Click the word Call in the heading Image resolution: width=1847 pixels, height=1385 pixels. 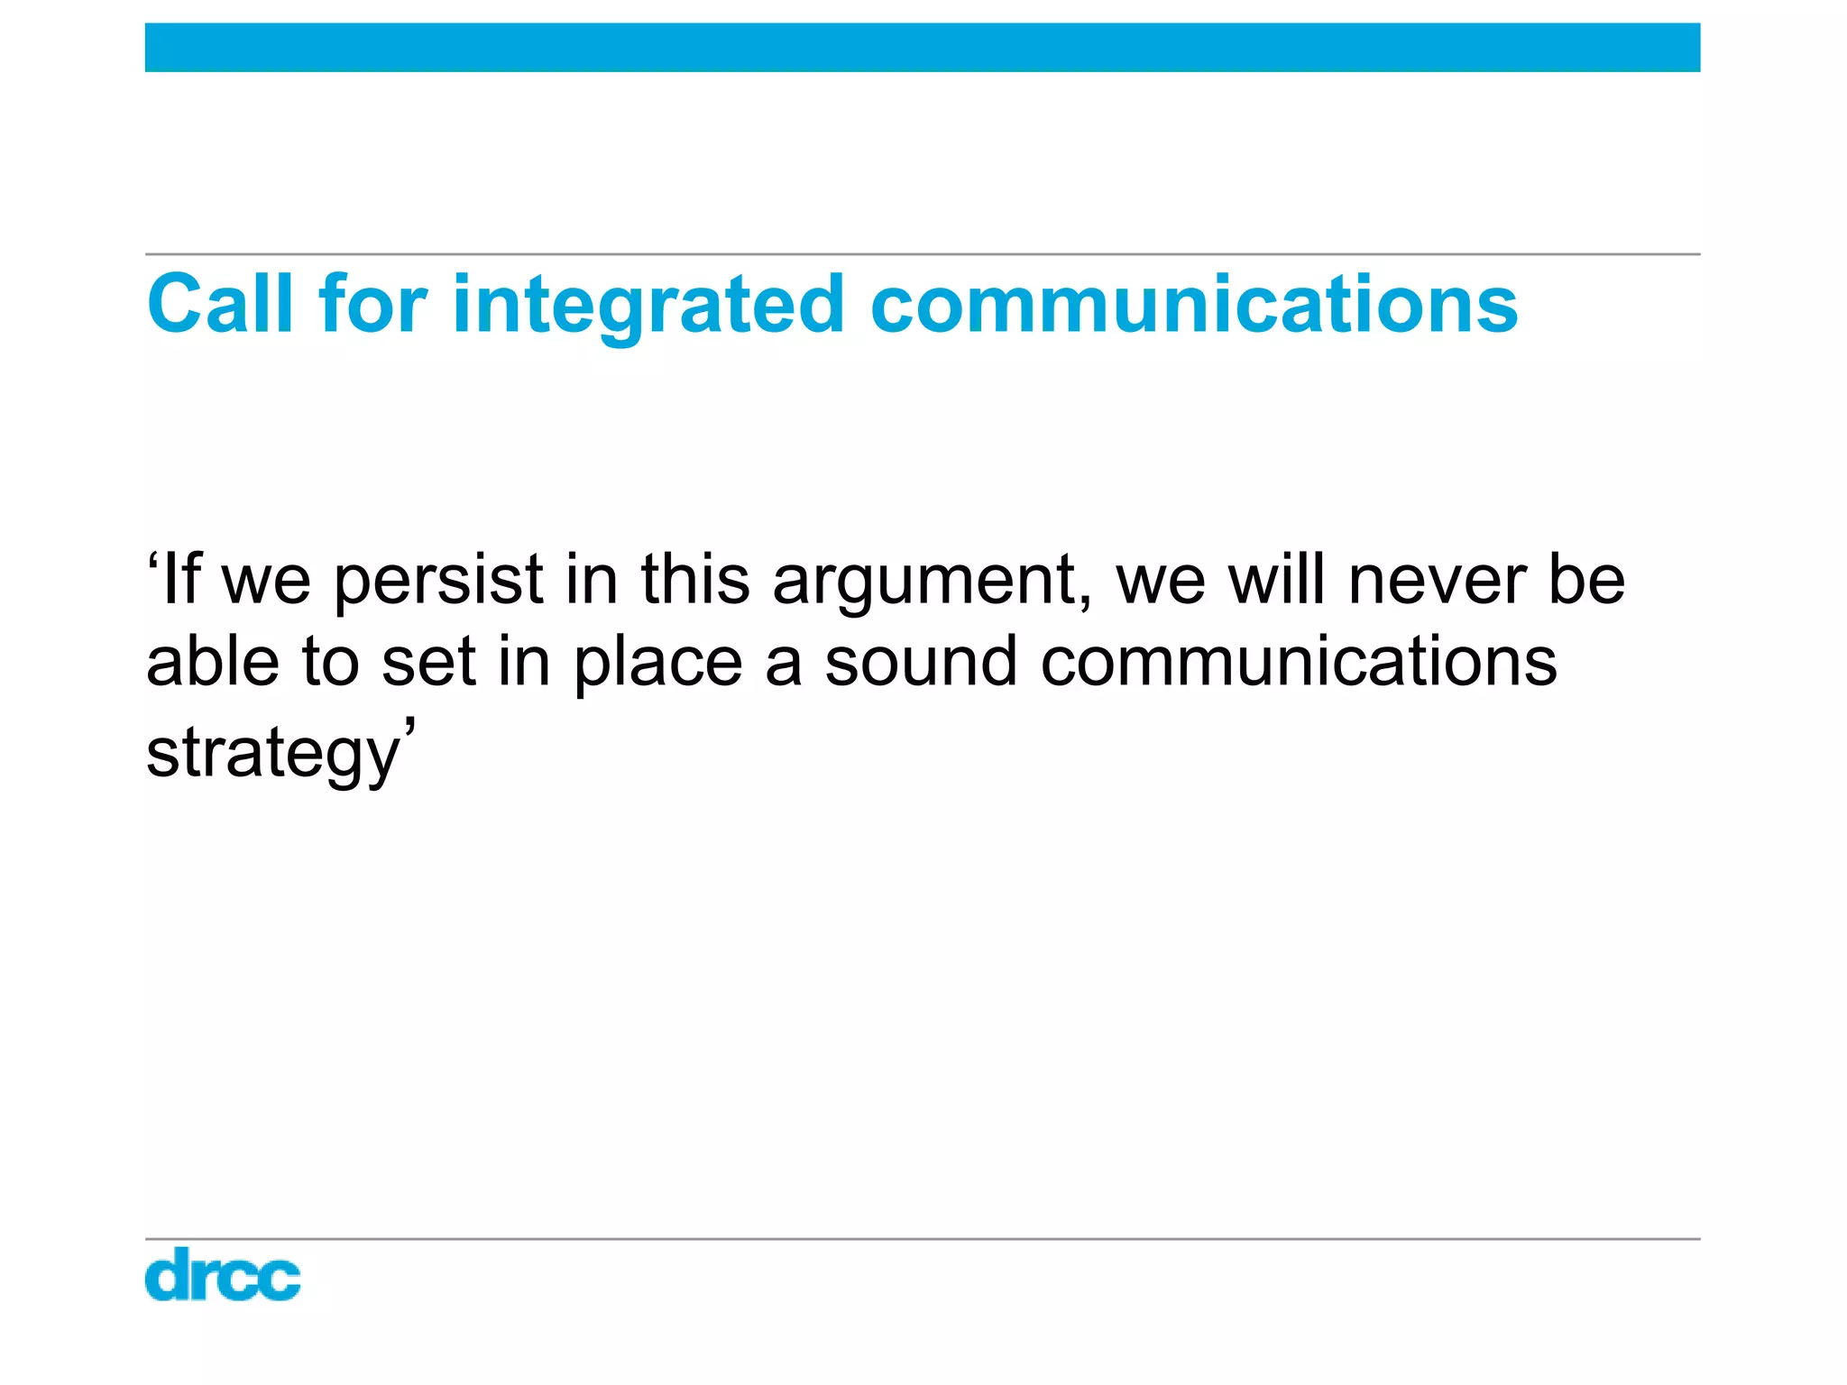tap(220, 304)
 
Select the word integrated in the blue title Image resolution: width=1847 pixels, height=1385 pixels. tap(648, 307)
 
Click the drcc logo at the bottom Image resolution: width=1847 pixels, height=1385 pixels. tap(223, 1274)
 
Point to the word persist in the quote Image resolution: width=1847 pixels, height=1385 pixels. tap(438, 582)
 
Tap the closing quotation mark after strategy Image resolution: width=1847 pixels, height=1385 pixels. tap(409, 727)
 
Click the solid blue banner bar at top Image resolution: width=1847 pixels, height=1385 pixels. tap(922, 48)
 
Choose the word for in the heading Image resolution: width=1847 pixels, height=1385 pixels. tap(372, 304)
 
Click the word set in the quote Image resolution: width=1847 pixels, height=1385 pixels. tap(427, 663)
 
